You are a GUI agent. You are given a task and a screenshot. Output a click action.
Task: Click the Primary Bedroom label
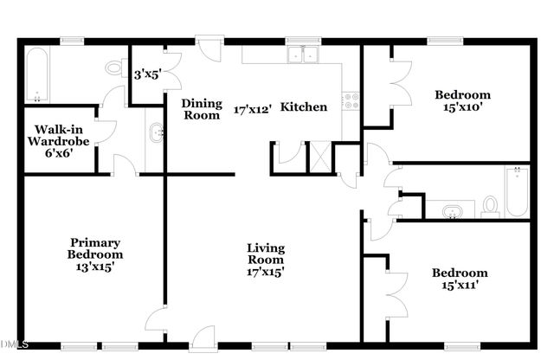click(95, 248)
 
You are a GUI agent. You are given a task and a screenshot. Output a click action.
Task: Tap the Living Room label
click(266, 254)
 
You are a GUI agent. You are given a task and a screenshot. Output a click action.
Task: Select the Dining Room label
click(201, 108)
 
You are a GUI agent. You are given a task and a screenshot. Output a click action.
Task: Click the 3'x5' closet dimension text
click(148, 74)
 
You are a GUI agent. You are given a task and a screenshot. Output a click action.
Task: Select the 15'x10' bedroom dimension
click(463, 107)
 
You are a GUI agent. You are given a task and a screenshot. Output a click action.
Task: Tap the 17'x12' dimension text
click(254, 109)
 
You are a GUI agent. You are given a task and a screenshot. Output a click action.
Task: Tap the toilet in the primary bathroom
click(115, 66)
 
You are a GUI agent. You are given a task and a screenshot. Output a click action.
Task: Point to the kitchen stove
click(351, 100)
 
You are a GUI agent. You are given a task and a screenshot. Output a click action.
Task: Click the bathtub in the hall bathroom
click(516, 190)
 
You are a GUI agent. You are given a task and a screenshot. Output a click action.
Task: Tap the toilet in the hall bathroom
click(490, 206)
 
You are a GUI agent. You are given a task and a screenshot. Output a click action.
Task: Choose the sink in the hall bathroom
click(452, 209)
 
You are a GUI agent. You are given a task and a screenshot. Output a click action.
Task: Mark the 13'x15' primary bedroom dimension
click(95, 267)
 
